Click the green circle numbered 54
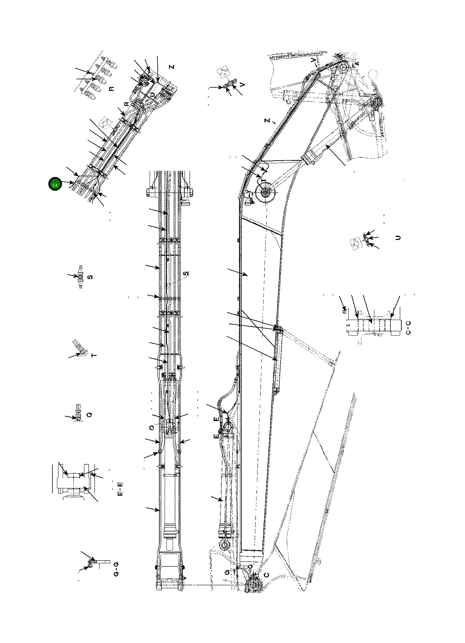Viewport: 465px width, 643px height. [55, 184]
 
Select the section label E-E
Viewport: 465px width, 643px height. [121, 488]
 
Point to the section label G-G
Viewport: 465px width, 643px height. [116, 569]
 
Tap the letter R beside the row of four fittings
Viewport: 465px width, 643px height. [111, 89]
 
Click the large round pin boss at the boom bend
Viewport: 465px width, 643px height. [265, 193]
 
